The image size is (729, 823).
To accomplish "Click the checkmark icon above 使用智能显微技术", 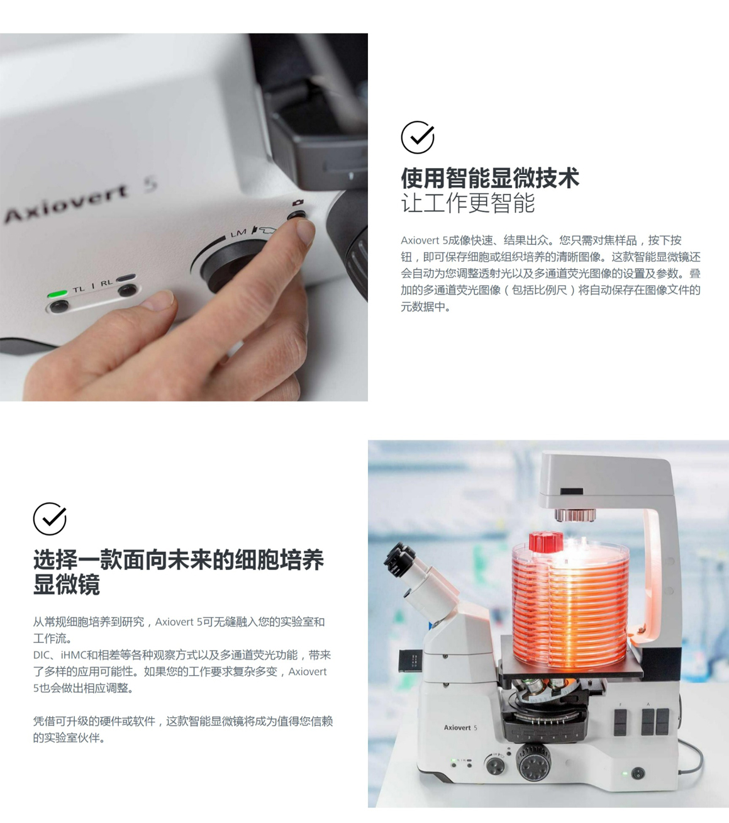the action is tap(418, 137).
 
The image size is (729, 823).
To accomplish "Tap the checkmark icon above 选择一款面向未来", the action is tap(50, 518).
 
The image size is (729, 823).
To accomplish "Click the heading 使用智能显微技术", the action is tap(490, 178).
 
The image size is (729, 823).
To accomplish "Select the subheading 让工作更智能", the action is tap(467, 203).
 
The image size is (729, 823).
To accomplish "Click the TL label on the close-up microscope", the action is tap(79, 289).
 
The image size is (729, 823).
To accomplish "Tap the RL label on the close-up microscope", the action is tap(106, 283).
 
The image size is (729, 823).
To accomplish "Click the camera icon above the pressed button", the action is tap(298, 202).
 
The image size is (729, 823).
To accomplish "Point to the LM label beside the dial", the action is tap(238, 233).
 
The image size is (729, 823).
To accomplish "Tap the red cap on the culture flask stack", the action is tap(546, 542).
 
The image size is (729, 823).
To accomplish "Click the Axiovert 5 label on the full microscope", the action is tap(460, 727).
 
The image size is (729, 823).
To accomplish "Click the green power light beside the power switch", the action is tap(626, 773).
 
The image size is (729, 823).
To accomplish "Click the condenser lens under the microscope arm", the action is tap(575, 515).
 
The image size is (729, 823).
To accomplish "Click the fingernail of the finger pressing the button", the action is tap(305, 232).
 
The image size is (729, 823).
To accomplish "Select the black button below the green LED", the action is tap(59, 305).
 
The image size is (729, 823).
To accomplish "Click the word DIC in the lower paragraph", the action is tap(41, 655).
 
